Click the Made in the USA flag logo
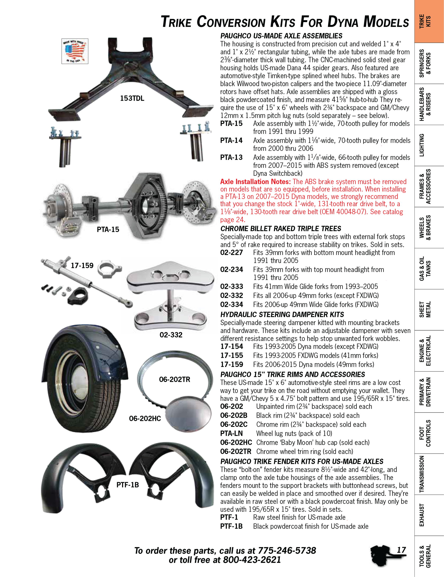[x=75, y=51]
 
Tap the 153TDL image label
[x=132, y=99]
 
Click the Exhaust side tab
[x=422, y=515]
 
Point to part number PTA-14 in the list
[x=231, y=141]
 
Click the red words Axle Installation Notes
[x=255, y=182]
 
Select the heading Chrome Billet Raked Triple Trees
[x=281, y=228]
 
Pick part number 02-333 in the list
[x=232, y=286]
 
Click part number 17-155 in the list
[x=232, y=355]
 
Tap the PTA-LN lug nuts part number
[x=231, y=433]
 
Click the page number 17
[x=401, y=550]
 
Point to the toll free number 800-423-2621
[x=252, y=560]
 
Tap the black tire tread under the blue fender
[x=106, y=412]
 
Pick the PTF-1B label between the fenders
[x=127, y=485]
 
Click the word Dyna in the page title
[x=343, y=22]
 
